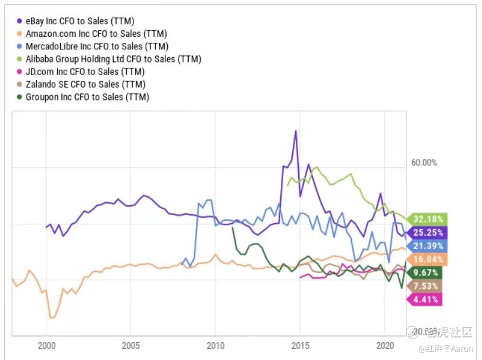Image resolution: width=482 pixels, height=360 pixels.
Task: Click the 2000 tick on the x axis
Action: (x=46, y=345)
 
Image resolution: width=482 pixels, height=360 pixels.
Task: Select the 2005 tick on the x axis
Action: (x=130, y=345)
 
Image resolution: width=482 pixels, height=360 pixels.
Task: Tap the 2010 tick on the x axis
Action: (x=215, y=345)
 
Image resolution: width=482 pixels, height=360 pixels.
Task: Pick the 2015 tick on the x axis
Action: (x=300, y=345)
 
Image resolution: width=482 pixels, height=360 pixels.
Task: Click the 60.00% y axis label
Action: (x=424, y=162)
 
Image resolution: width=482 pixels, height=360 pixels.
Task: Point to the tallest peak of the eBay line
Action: (x=295, y=131)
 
